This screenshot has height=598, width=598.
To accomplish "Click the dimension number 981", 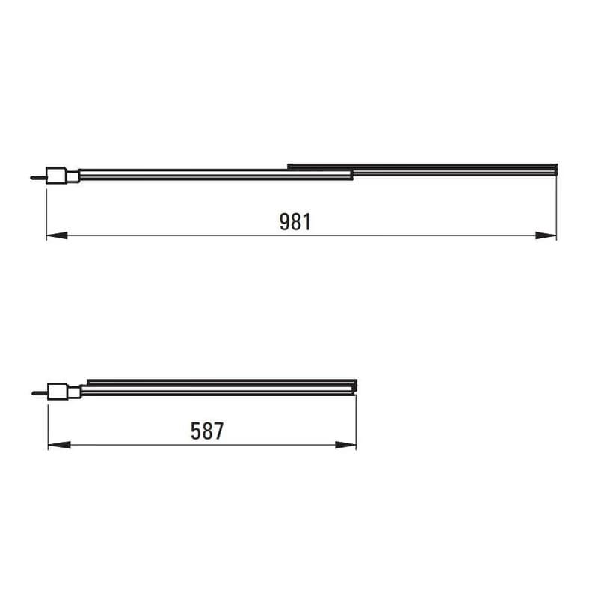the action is pos(295,222).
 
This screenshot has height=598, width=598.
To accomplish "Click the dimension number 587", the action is pos(207,431).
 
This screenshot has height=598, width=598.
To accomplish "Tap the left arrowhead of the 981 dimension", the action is pos(57,235).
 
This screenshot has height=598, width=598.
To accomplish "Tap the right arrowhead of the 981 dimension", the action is pos(546,235).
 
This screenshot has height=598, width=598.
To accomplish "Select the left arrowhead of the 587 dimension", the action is pos(59,445).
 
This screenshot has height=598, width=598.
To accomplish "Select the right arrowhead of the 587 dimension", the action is pos(345,445).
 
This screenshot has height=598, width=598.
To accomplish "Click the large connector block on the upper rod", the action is pos(57,176).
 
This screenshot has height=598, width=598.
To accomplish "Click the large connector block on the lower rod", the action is pos(58,391).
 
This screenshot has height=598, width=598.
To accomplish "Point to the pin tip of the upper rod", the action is pos(31,178).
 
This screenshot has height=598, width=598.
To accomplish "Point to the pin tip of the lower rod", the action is pos(33,393).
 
